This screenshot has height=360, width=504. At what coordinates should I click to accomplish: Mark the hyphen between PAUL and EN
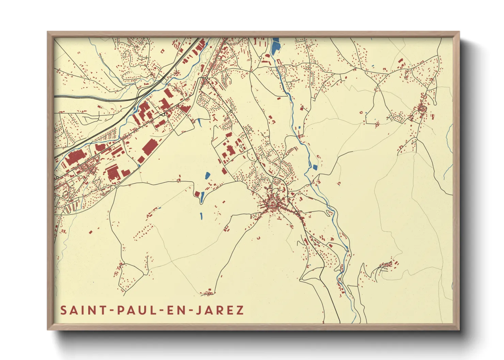[161, 310]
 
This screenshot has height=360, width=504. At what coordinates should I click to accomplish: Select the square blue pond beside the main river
[315, 167]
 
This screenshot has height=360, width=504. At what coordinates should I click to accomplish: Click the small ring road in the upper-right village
[423, 109]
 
